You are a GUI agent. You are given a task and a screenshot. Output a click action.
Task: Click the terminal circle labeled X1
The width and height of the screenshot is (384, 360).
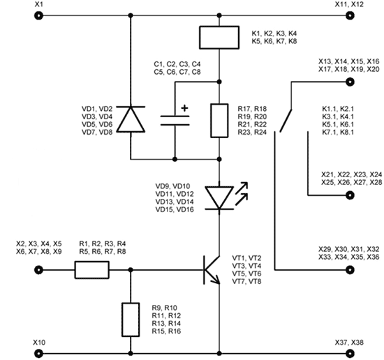38,15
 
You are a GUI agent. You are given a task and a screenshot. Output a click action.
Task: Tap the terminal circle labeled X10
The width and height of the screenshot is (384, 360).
38,354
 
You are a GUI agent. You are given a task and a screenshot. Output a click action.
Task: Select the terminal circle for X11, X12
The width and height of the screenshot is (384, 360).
350,15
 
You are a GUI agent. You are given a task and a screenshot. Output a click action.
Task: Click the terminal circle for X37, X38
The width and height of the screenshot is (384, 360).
350,354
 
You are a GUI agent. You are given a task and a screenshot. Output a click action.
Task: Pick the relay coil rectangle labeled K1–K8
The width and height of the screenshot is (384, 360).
219,38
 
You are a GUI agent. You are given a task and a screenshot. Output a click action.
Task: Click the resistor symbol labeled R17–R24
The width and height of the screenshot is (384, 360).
219,121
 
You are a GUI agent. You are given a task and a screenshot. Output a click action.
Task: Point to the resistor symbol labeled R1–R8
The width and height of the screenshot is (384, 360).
92,270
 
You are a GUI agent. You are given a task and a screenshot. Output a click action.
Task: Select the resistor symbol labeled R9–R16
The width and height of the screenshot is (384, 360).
131,320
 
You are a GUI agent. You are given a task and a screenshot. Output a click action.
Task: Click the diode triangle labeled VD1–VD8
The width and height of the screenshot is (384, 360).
131,119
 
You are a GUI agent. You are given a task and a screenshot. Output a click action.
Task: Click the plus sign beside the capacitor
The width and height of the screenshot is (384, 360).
184,108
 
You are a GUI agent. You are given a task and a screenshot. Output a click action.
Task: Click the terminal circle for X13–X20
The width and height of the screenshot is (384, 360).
350,82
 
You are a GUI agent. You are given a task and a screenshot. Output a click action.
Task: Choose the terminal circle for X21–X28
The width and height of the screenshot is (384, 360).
350,195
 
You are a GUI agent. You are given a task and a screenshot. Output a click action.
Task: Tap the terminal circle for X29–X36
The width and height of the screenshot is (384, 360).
350,270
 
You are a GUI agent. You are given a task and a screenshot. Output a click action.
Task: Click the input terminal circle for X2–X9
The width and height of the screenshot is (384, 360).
38,270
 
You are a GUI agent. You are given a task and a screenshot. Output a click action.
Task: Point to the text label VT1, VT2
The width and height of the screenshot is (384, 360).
246,258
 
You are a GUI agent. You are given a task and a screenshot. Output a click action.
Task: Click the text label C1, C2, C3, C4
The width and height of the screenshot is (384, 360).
177,64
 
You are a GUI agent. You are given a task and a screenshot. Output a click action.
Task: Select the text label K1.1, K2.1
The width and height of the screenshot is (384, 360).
338,109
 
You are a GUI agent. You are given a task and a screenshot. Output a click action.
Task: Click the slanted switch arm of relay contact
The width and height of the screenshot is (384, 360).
286,121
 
